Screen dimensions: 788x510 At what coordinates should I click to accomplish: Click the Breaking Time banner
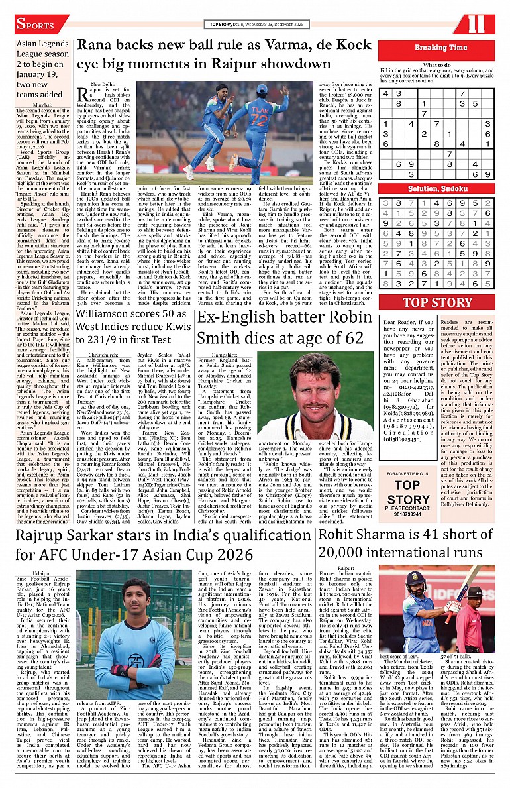click(440, 48)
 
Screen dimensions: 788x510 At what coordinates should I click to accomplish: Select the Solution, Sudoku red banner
click(436, 189)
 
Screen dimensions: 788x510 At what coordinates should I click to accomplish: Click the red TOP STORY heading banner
click(436, 304)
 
